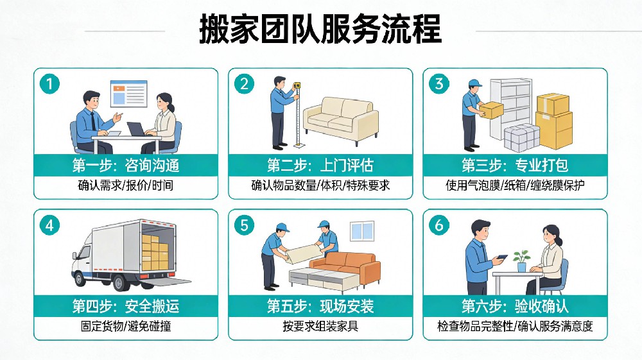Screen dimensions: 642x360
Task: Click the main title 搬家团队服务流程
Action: tap(320, 29)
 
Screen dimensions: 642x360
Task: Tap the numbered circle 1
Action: tap(49, 84)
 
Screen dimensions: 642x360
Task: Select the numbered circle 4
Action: tap(49, 225)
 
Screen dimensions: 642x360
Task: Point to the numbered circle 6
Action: tap(439, 225)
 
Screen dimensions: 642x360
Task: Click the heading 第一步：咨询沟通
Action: tap(126, 166)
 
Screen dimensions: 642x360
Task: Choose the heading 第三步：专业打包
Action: tap(515, 166)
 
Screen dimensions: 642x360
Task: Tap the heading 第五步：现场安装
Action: tap(320, 306)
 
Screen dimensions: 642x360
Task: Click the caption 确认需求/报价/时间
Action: tap(126, 185)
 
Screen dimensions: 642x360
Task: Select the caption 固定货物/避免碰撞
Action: tap(126, 326)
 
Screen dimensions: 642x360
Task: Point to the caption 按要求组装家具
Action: tap(320, 326)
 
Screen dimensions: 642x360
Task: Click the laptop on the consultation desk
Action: tap(136, 129)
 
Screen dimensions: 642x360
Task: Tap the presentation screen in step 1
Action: tap(128, 94)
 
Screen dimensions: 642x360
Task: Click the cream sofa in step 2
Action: tap(341, 121)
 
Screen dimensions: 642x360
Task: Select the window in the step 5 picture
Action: tap(362, 231)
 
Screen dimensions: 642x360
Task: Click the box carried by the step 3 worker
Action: tap(491, 110)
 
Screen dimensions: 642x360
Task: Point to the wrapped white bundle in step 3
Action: tap(521, 138)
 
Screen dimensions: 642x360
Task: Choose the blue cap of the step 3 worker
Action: tap(475, 83)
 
